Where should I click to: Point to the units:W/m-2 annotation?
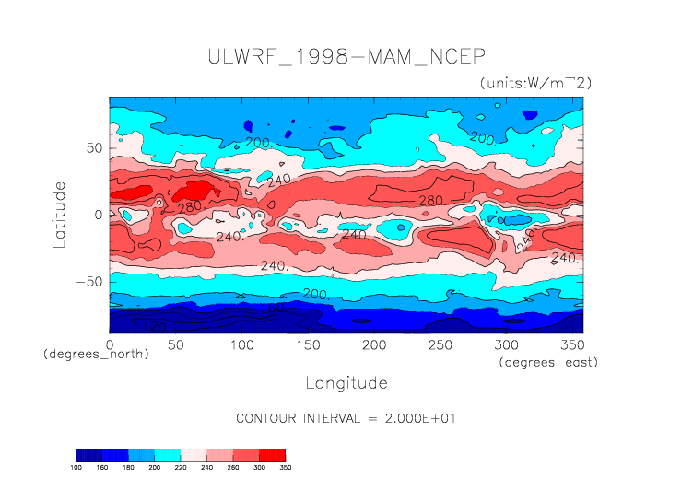[x=535, y=83]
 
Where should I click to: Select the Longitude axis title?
[x=346, y=382]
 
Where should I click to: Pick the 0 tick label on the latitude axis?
[x=99, y=215]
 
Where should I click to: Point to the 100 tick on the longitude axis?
[x=241, y=344]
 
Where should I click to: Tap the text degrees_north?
[x=96, y=355]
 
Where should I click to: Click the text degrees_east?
[x=548, y=363]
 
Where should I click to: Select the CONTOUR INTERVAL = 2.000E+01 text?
[x=346, y=418]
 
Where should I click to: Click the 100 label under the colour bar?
[x=77, y=468]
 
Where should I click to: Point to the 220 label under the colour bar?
[x=180, y=468]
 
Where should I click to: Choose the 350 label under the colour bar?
[x=285, y=468]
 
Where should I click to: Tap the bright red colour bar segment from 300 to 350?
[x=273, y=455]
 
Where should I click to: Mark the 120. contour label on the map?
[x=156, y=327]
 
